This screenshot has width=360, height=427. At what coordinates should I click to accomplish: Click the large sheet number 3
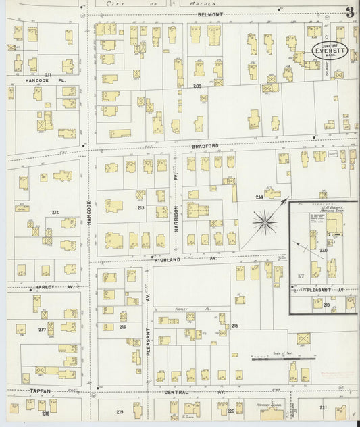[349, 11]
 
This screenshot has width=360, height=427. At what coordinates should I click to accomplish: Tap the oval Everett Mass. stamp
[328, 49]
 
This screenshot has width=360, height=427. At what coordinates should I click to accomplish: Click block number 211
[48, 74]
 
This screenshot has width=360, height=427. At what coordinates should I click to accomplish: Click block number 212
[55, 213]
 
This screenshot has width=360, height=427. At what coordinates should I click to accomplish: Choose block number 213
[141, 207]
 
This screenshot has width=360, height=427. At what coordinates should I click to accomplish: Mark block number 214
[259, 197]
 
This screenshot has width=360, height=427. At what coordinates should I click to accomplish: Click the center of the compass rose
[263, 221]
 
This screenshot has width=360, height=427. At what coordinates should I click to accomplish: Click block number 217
[42, 330]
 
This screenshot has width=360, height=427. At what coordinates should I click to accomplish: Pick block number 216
[122, 327]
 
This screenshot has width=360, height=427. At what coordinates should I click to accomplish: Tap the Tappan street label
[22, 391]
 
